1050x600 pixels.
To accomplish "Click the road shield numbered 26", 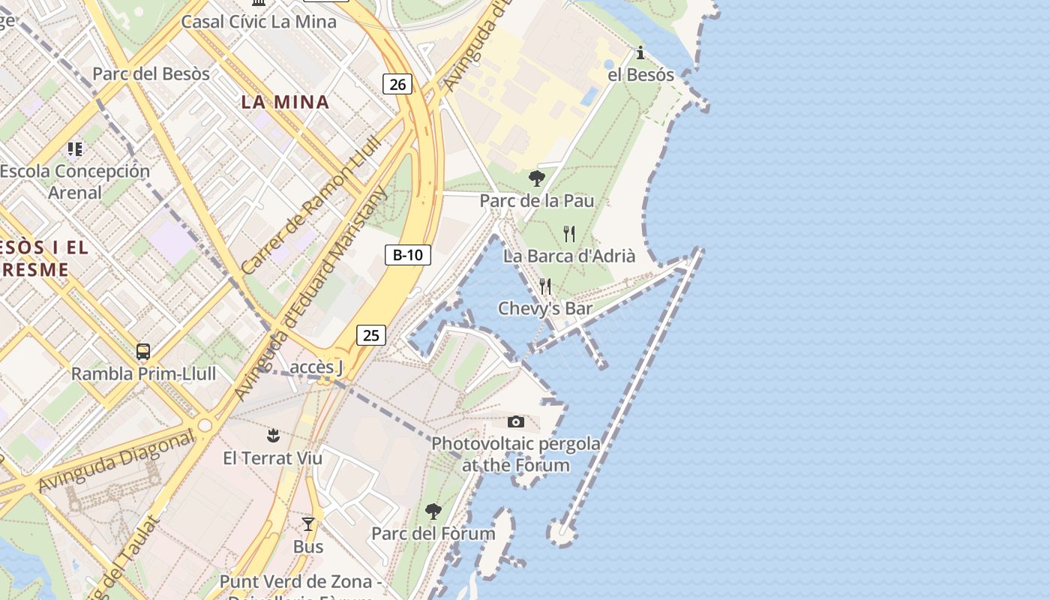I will [397, 84].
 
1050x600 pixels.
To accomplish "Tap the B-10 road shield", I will [408, 255].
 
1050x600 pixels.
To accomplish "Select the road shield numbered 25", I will [371, 335].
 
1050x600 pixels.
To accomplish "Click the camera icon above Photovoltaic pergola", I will [516, 422].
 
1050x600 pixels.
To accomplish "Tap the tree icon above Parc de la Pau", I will [536, 178].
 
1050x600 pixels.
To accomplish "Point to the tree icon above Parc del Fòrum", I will [433, 511].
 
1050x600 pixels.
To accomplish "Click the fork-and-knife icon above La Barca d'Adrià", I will [569, 234].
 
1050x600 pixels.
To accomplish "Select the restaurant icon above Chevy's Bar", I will [545, 286].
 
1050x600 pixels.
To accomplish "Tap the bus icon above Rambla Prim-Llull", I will [142, 351].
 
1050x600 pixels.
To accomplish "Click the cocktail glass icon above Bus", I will [308, 524].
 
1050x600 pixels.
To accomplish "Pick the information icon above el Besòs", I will [640, 52].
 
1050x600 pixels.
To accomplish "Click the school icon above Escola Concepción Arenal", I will [74, 148].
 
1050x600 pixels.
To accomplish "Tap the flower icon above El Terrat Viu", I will [273, 435].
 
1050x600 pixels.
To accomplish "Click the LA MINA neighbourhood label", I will [285, 102].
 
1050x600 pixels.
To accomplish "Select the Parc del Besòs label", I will [151, 73].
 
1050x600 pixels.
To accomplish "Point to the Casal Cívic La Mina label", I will [259, 21].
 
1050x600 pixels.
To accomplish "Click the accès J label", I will [316, 367].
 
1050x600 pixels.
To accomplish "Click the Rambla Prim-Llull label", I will [143, 373].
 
